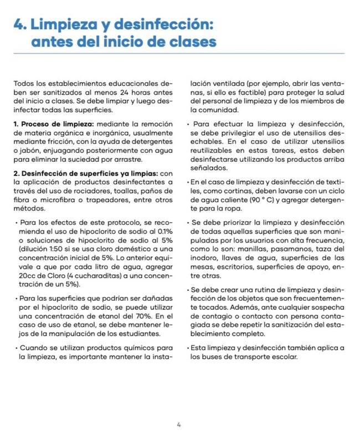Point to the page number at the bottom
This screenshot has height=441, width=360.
coord(178,425)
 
